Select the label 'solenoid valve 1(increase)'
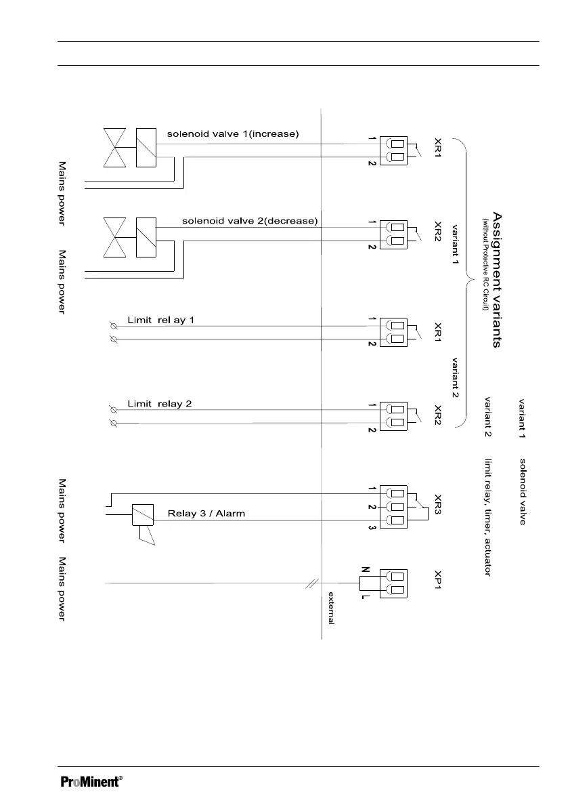pos(232,134)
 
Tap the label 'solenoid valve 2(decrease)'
pos(250,221)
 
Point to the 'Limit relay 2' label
pos(160,404)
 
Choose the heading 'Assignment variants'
pos(497,280)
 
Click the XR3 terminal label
pos(437,507)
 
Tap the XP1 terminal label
pos(437,583)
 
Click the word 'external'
pos(331,608)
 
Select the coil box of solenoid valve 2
pos(146,237)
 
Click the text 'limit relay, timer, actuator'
pos(487,518)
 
